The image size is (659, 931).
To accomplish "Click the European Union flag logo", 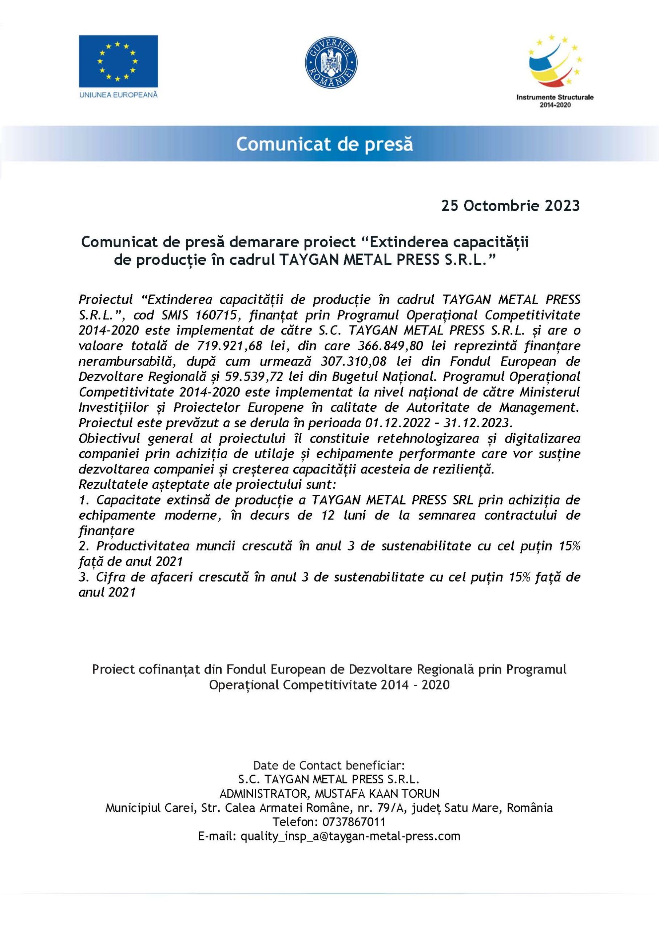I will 118,61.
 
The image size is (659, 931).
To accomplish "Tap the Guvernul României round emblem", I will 331,64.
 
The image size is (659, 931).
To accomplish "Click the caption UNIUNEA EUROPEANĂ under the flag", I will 118,95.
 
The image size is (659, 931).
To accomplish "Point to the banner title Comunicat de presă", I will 324,144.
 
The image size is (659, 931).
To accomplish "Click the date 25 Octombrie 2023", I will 511,206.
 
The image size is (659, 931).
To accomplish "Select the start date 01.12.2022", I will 397,423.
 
